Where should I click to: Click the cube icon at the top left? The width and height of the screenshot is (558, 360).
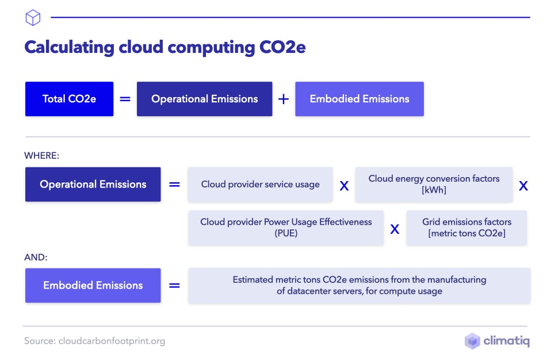[x=33, y=18]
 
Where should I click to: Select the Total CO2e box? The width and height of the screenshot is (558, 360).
[x=69, y=99]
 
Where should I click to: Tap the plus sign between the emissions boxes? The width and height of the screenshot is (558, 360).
[x=283, y=99]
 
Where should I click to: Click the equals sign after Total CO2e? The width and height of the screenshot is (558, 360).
[x=125, y=99]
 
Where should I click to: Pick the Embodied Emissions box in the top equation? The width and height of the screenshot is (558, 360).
[x=359, y=99]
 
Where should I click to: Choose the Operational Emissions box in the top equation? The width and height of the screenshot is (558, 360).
[x=204, y=99]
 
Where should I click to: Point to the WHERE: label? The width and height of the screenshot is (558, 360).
[x=41, y=155]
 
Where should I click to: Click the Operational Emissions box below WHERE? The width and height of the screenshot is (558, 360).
[x=93, y=185]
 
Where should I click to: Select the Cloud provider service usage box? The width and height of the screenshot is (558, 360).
[x=260, y=185]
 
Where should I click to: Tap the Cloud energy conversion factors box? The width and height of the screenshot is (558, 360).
[x=434, y=184]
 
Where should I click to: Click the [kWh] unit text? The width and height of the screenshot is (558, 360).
[x=434, y=190]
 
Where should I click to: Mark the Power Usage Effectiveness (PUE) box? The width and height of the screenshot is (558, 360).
[x=286, y=228]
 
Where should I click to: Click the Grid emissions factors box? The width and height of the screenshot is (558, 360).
[x=466, y=228]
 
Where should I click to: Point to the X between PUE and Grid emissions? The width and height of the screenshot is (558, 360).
[x=395, y=229]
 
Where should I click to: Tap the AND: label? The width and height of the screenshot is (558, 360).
[x=36, y=258]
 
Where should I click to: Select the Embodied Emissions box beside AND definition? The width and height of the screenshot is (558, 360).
[x=93, y=285]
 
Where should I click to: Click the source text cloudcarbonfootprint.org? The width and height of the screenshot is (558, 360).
[x=112, y=341]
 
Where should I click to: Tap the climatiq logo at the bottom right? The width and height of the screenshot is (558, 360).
[x=497, y=341]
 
